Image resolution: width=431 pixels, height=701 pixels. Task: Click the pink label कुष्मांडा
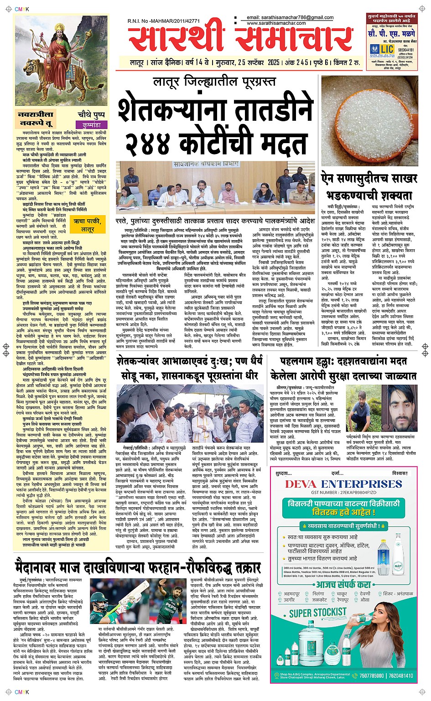click(x=91, y=124)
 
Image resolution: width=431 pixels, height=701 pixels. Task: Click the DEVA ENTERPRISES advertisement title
click(x=343, y=484)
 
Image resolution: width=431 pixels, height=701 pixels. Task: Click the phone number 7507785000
click(x=371, y=676)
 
